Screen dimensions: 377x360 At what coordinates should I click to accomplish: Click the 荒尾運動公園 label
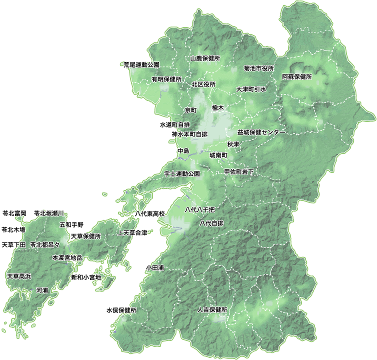click(x=141, y=65)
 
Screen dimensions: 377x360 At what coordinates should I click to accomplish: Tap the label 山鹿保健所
click(x=205, y=58)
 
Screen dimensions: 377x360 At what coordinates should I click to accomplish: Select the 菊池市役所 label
click(x=259, y=68)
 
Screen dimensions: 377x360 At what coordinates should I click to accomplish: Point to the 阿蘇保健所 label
click(x=297, y=77)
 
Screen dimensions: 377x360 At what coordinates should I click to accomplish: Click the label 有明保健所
click(x=166, y=79)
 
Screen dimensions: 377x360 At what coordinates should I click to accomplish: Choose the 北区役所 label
click(x=203, y=84)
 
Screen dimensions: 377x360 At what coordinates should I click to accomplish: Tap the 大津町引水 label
click(x=251, y=89)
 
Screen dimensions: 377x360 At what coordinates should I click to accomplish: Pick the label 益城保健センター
click(x=261, y=132)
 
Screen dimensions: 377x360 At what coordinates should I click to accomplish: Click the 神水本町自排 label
click(x=189, y=134)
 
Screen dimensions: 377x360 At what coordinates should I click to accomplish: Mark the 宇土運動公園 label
click(x=182, y=174)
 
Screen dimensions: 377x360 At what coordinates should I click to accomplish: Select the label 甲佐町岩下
click(x=239, y=171)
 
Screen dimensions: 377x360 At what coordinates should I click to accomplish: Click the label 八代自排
click(x=211, y=223)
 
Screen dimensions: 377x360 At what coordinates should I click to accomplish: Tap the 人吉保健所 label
click(x=212, y=310)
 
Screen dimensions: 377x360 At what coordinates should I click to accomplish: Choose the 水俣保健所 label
click(x=121, y=310)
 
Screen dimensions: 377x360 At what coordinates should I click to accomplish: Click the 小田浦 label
click(x=155, y=268)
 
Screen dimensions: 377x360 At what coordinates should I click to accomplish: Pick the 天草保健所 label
click(x=86, y=236)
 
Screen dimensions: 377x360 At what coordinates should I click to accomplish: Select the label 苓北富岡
click(x=14, y=213)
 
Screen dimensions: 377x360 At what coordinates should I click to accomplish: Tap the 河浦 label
click(x=42, y=290)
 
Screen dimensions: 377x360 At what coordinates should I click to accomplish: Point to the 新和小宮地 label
click(x=86, y=277)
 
